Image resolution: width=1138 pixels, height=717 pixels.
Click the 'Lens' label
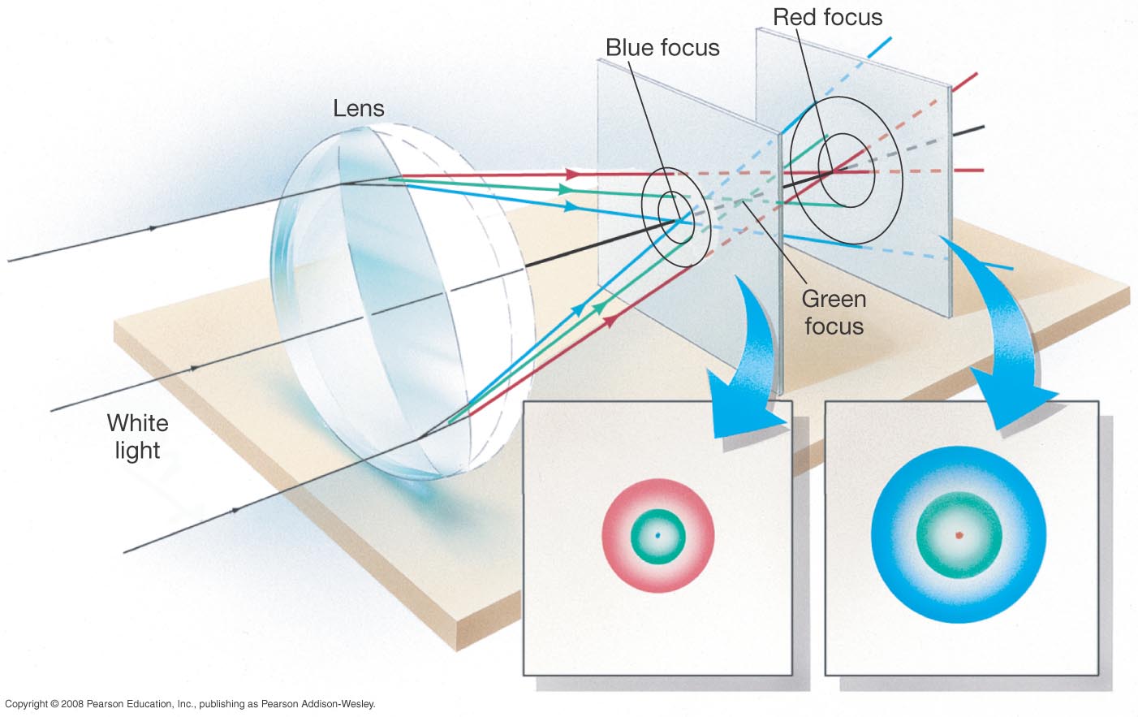point(358,109)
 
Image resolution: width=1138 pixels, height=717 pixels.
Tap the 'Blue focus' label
point(662,48)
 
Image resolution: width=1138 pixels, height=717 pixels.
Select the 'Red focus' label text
point(827,17)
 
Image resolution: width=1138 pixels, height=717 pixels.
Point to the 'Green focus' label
point(834,313)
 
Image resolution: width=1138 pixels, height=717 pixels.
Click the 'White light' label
point(137,436)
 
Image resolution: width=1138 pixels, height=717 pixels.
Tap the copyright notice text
point(190,704)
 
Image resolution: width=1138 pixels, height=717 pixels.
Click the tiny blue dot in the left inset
point(657,535)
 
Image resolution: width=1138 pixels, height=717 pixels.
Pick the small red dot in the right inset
point(959,535)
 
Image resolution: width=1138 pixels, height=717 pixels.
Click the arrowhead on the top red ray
point(573,174)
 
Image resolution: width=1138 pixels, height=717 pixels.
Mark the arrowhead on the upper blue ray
point(571,206)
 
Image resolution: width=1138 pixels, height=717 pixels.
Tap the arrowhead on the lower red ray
point(608,320)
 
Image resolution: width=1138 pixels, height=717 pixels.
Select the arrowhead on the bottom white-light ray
point(235,510)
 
